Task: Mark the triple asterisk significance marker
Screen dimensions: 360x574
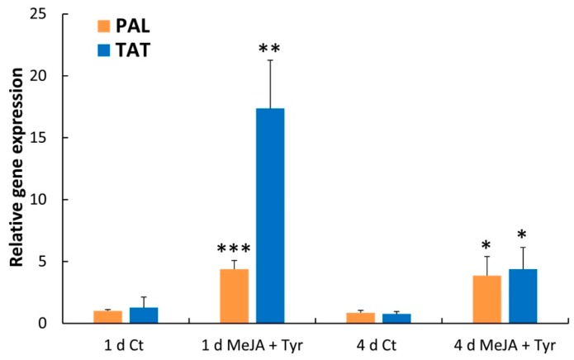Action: pyautogui.click(x=234, y=249)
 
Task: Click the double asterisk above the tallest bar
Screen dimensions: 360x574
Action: pyautogui.click(x=269, y=49)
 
